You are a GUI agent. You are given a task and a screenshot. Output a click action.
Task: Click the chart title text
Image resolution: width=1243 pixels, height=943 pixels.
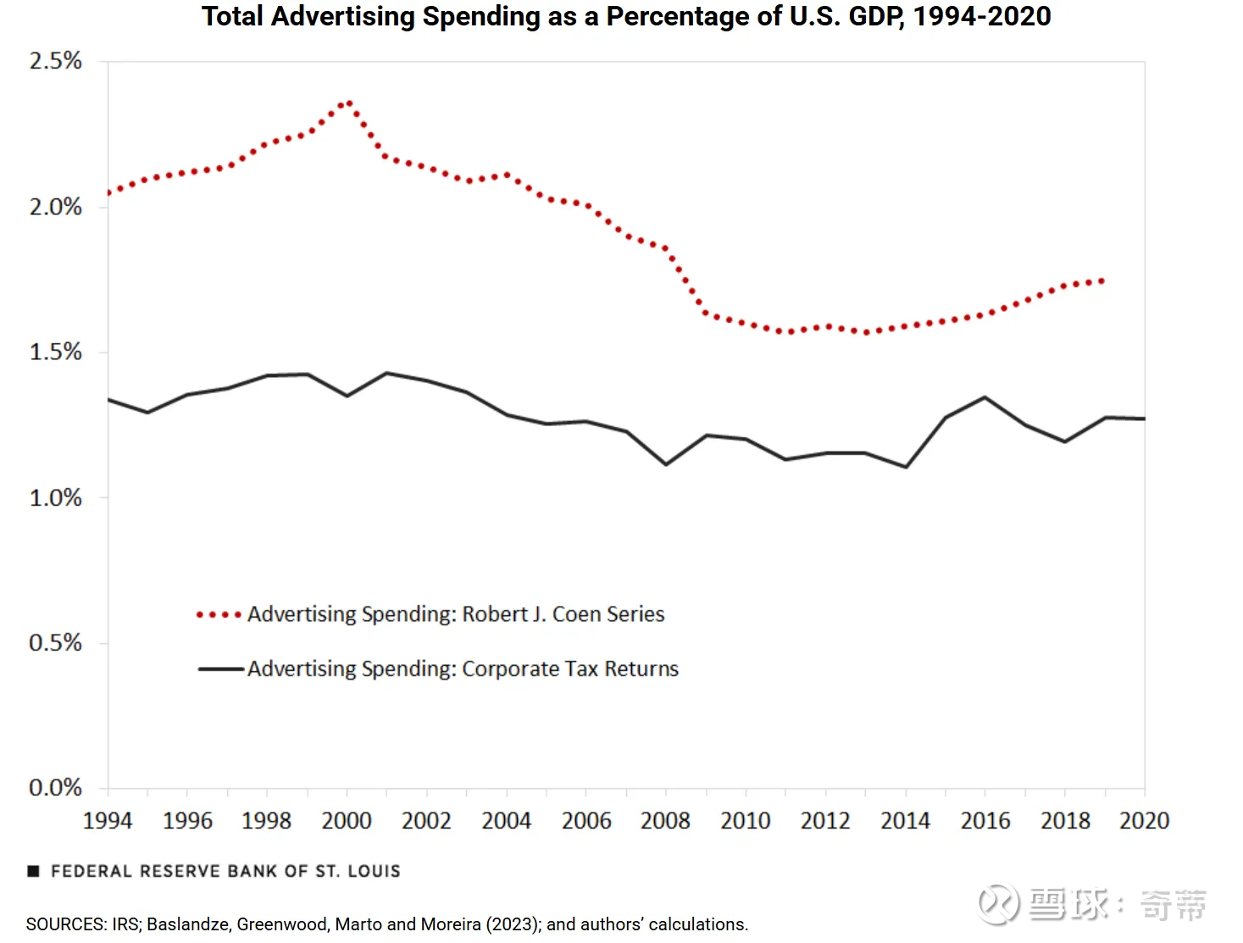click(625, 16)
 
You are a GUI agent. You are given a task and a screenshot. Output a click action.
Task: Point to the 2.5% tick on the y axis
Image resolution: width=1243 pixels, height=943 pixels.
click(56, 61)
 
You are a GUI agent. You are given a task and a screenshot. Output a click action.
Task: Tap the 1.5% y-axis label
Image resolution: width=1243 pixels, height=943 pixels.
click(56, 352)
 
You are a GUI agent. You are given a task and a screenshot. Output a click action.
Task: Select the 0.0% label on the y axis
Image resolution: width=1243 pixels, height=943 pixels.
click(56, 788)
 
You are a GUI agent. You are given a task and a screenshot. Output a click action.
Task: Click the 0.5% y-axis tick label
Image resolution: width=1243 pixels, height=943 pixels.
click(56, 642)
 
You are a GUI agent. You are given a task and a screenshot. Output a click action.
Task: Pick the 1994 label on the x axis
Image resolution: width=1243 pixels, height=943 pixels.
click(108, 820)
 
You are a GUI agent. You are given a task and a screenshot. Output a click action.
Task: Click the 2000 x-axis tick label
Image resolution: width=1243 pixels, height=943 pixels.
click(347, 820)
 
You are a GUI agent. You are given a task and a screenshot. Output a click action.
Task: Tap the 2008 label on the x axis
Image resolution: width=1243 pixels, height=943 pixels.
click(665, 820)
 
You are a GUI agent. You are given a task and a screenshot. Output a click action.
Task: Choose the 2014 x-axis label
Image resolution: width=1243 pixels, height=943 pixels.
click(905, 820)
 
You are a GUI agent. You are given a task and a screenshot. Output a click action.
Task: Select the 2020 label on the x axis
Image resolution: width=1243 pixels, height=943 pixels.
click(1144, 820)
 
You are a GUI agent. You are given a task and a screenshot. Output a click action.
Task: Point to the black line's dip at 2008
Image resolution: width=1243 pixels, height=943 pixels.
click(666, 464)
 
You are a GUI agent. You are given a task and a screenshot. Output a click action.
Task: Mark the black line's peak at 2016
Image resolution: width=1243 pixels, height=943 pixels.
click(985, 397)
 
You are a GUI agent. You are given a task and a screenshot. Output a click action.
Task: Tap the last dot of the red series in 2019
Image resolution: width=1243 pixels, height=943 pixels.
click(1101, 280)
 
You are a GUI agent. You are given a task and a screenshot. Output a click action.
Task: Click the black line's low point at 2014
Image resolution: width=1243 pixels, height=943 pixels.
click(906, 467)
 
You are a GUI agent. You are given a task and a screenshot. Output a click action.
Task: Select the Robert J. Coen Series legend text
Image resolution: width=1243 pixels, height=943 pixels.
click(456, 614)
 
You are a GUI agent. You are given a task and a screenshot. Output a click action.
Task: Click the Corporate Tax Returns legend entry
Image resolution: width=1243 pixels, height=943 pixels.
click(463, 668)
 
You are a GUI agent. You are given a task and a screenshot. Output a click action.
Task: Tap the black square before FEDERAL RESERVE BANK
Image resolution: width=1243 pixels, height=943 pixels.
click(34, 871)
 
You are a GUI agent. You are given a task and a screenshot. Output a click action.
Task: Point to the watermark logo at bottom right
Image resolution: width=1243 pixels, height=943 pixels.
click(998, 903)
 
